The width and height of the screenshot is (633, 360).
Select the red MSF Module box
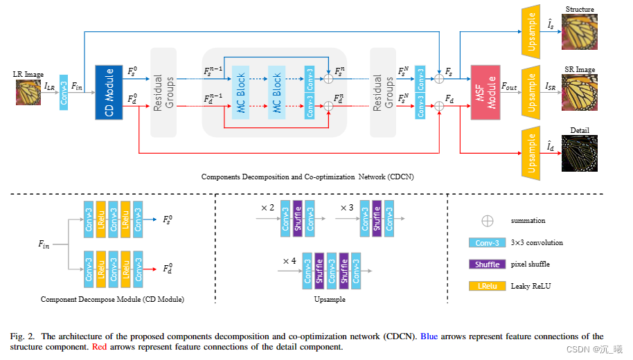click(485, 91)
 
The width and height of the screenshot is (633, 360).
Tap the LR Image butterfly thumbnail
click(28, 91)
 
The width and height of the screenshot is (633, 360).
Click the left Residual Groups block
click(164, 92)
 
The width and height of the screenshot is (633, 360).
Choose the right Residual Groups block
click(384, 92)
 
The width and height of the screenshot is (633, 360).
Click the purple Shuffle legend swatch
click(489, 264)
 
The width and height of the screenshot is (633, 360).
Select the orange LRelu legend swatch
click(489, 285)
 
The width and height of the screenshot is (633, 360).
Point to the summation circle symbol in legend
click(488, 221)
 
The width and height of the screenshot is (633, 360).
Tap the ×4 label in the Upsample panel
click(290, 260)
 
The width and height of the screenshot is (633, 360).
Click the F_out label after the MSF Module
click(509, 86)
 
